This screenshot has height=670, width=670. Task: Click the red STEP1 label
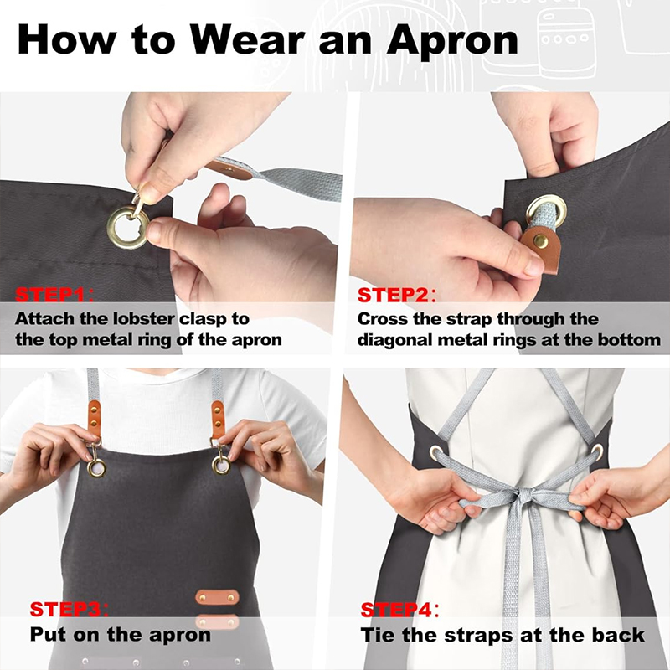point(50,295)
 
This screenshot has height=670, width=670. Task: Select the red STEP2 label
point(393,295)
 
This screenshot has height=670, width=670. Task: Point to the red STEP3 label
point(65,610)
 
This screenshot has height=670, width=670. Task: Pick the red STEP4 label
point(396,610)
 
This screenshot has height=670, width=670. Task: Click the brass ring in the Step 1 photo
point(128,228)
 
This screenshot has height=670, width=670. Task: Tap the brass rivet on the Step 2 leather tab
point(540,241)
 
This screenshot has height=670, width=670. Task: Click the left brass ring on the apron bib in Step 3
point(96,467)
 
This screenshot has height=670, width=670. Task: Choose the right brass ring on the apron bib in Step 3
point(221,465)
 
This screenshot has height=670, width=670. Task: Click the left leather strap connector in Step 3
point(94,418)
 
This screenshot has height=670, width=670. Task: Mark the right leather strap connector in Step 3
point(218,420)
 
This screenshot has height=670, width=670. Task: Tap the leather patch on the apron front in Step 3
point(217,597)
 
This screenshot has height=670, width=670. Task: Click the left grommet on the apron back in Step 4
point(435,452)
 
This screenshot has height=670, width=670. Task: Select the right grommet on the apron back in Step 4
point(597,451)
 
